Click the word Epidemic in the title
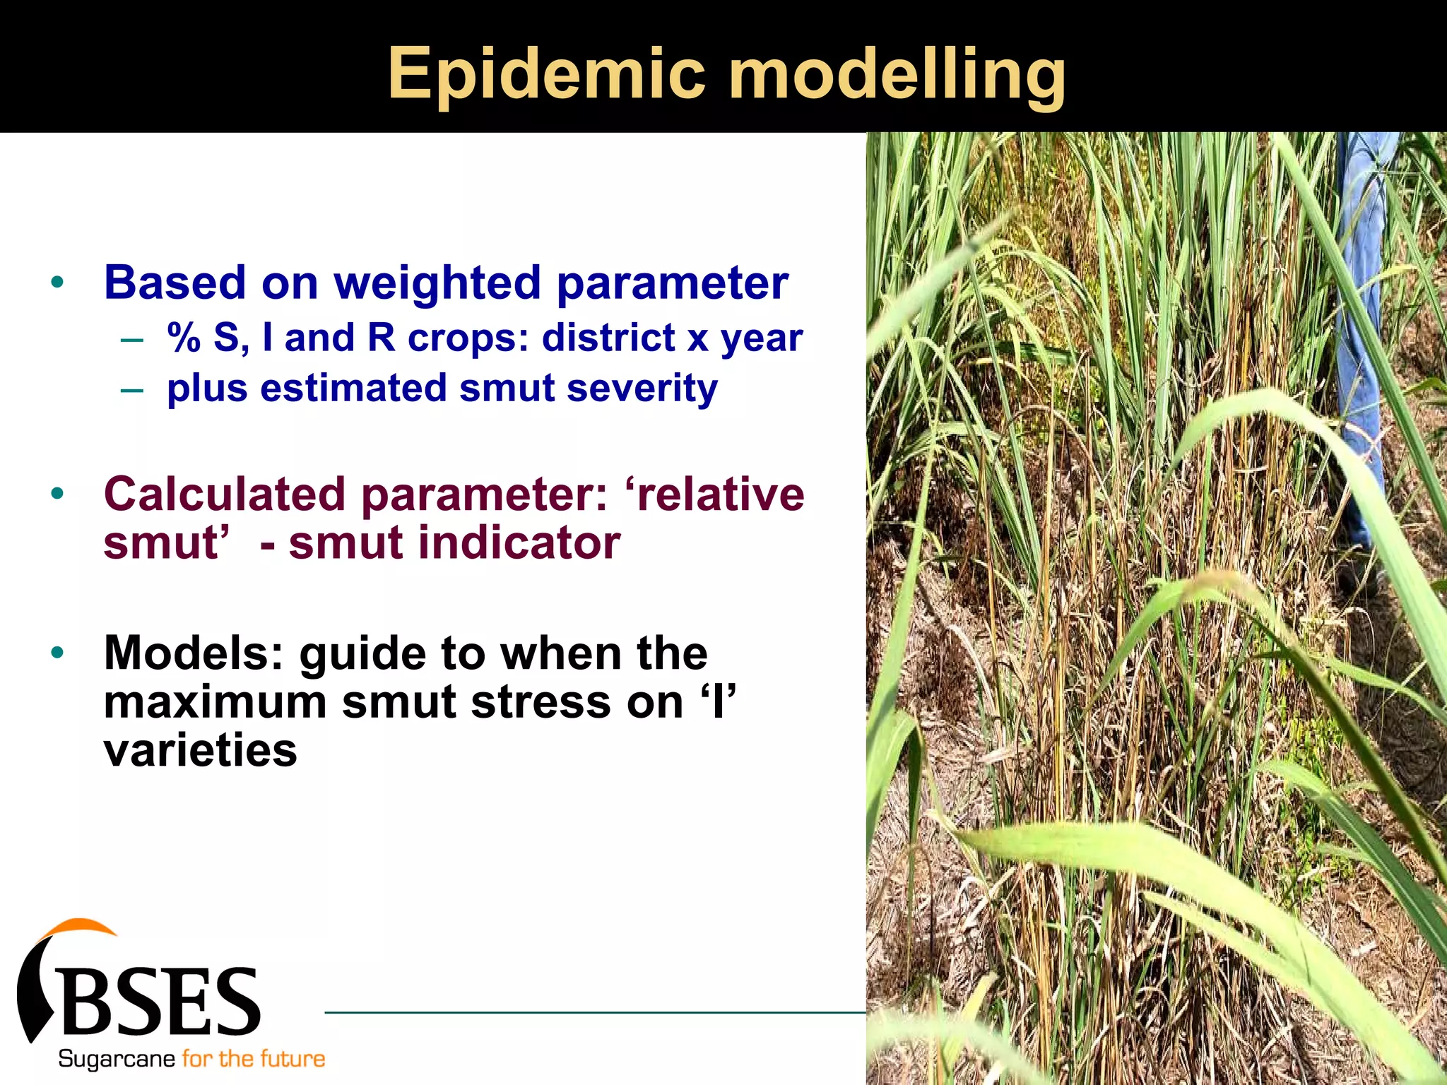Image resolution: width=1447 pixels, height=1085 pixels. point(546,74)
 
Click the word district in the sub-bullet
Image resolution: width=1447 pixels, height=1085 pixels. point(608,338)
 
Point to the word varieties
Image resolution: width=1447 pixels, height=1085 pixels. point(200,750)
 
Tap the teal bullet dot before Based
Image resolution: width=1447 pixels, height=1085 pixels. point(57,283)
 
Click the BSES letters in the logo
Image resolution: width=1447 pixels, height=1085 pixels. point(161,1001)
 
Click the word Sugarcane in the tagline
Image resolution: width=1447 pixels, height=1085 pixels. point(117,1059)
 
